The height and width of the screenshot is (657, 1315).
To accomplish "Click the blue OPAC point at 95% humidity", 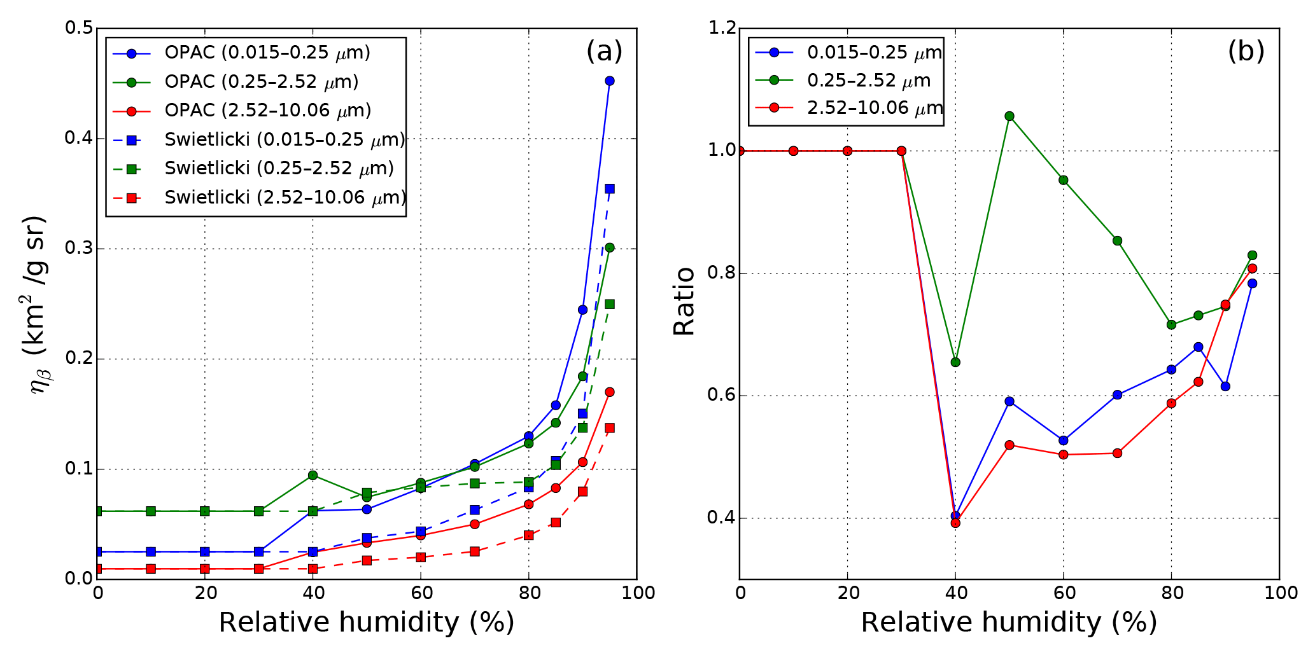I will pyautogui.click(x=609, y=81).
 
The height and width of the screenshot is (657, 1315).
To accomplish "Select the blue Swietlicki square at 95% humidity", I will pyautogui.click(x=609, y=188).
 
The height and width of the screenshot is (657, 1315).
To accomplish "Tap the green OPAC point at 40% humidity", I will pyautogui.click(x=313, y=475).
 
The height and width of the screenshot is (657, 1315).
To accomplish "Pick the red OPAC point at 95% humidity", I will pyautogui.click(x=609, y=392).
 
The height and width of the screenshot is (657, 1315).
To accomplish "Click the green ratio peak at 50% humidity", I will pyautogui.click(x=1009, y=116).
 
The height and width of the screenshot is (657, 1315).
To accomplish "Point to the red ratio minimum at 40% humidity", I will pyautogui.click(x=955, y=523).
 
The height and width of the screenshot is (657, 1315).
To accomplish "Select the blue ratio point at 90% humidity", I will pyautogui.click(x=1225, y=386).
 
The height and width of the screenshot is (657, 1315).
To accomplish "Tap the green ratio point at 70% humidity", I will pyautogui.click(x=1117, y=240).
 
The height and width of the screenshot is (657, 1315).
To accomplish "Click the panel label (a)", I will pyautogui.click(x=604, y=51).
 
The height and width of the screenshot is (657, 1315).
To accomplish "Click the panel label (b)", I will pyautogui.click(x=1246, y=51).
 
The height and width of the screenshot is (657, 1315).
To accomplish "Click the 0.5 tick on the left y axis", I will pyautogui.click(x=79, y=28).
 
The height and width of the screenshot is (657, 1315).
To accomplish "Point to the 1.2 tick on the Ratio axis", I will pyautogui.click(x=721, y=28).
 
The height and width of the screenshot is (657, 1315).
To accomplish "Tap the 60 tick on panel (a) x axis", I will pyautogui.click(x=421, y=593).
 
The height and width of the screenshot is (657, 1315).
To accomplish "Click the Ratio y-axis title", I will pyautogui.click(x=684, y=301).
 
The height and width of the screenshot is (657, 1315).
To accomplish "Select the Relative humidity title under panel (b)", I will pyautogui.click(x=1009, y=622).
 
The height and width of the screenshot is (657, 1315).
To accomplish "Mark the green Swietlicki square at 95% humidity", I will pyautogui.click(x=609, y=304).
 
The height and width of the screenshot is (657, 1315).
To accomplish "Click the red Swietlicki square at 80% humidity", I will pyautogui.click(x=528, y=535).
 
